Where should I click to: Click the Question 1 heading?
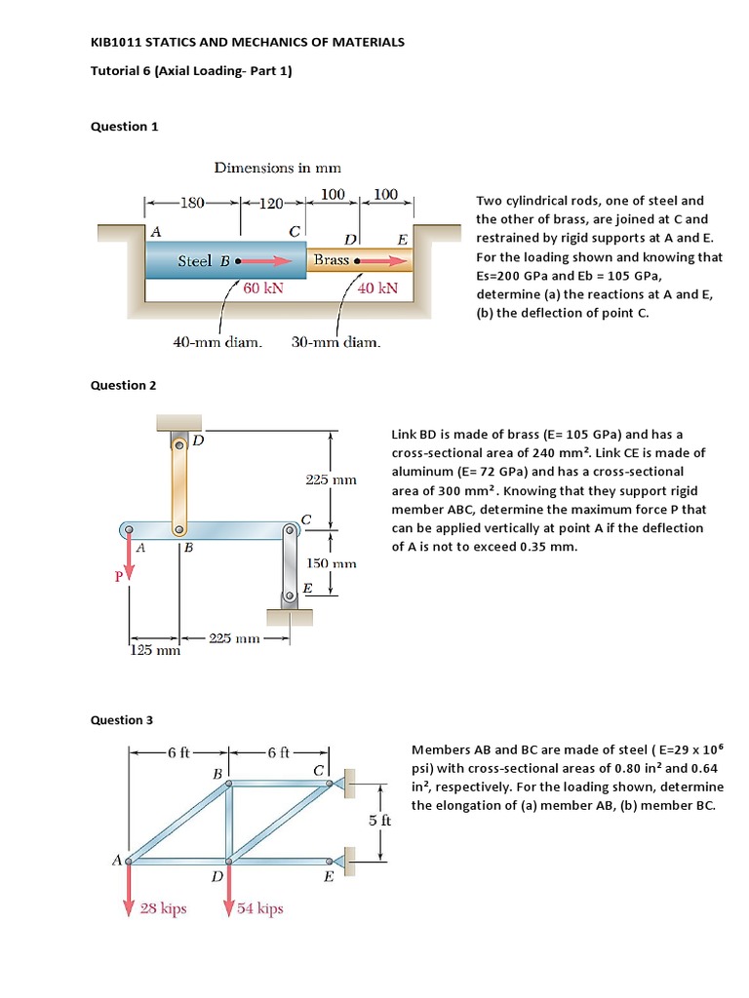coord(124,126)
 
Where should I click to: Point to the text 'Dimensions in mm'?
coord(277,169)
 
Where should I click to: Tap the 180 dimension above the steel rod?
coord(192,204)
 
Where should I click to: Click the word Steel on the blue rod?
coord(194,261)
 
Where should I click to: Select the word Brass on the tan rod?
coord(332,260)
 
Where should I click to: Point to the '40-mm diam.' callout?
coord(217,342)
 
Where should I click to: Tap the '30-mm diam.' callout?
coord(335,342)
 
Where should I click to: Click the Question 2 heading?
coord(124,385)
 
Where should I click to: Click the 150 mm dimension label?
coord(332,563)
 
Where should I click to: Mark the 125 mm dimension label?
coord(155,651)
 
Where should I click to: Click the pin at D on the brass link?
coord(178,444)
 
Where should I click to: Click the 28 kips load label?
coord(164,908)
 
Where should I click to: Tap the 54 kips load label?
coord(260,908)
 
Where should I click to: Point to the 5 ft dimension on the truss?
coord(380,820)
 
